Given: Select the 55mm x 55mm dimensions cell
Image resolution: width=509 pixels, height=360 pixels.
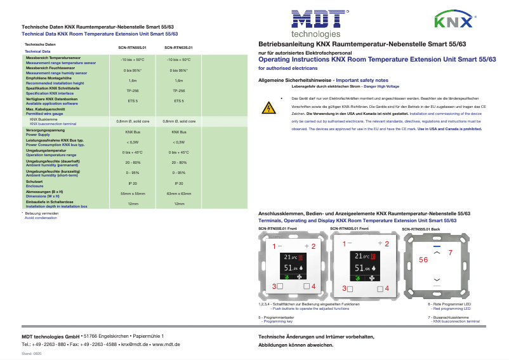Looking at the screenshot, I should pos(133,193).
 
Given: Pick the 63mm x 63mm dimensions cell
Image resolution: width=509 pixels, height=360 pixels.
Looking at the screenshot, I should pos(178,193).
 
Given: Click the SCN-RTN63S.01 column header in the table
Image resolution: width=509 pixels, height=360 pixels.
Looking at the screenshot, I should pos(178,47).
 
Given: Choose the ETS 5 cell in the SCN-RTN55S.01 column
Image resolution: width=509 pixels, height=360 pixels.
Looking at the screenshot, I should pos(133,101).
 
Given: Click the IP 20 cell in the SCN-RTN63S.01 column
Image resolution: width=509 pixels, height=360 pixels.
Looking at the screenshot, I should pos(178,182).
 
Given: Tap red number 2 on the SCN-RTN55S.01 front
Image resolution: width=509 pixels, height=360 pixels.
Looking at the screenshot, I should pos(313,245).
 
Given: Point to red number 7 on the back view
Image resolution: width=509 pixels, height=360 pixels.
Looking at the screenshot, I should pos(450,253).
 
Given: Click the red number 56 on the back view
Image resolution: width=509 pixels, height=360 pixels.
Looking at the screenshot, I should pos(423,260).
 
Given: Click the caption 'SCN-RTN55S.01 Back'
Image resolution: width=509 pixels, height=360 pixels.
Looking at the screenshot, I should pos(421,228).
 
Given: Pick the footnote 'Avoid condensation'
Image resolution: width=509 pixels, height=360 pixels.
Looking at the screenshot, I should pos(40,218).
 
